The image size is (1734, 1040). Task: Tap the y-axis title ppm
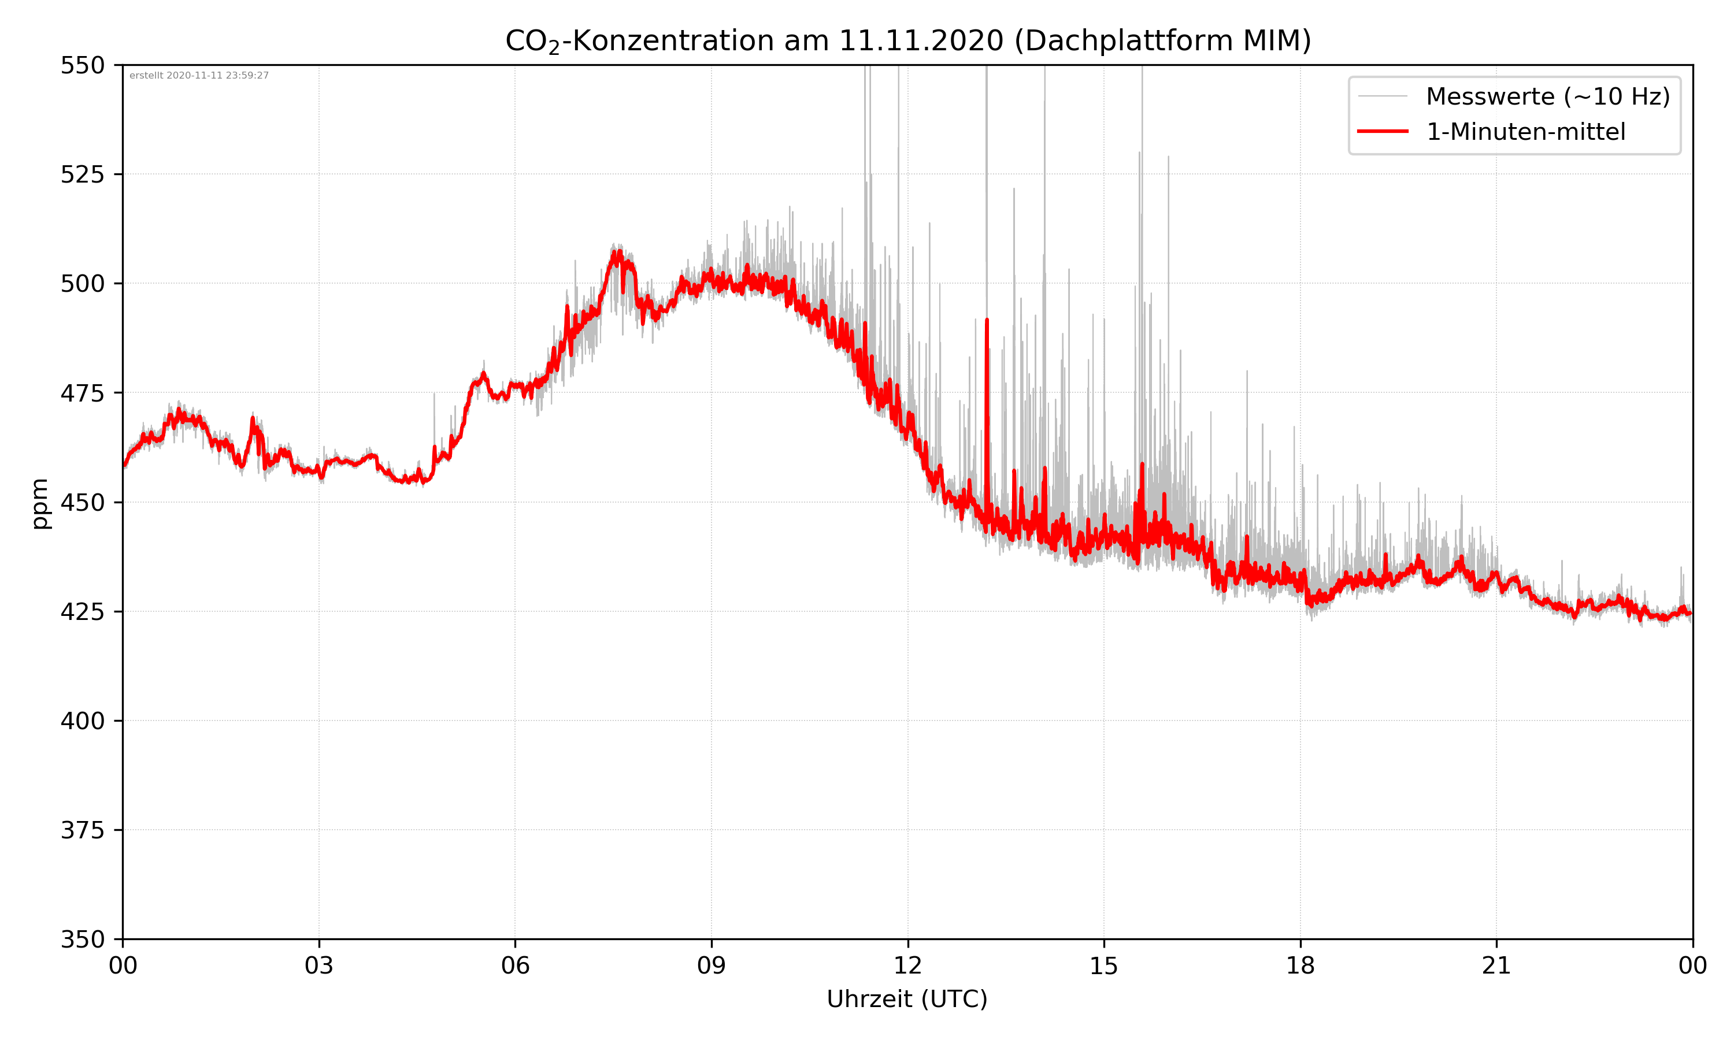click(x=40, y=503)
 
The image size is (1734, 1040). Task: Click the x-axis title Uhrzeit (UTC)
click(x=907, y=998)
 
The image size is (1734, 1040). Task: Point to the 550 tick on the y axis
click(x=82, y=66)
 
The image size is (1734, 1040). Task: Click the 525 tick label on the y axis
click(x=82, y=174)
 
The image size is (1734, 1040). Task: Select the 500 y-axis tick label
click(x=82, y=284)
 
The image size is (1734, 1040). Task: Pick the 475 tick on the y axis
click(x=82, y=393)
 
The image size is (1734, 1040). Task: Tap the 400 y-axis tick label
click(x=82, y=721)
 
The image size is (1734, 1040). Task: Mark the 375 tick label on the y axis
click(x=82, y=830)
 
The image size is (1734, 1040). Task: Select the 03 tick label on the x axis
click(x=319, y=965)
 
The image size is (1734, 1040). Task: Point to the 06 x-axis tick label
click(x=515, y=965)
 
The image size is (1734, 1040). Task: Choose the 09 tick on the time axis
click(x=712, y=965)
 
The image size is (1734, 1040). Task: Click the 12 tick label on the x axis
click(x=907, y=965)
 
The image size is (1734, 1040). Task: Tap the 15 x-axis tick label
click(x=1104, y=965)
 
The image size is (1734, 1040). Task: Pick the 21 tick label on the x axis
click(x=1496, y=965)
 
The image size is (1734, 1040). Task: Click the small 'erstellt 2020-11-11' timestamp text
click(x=199, y=76)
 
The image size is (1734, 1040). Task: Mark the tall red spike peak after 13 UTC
click(x=987, y=320)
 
